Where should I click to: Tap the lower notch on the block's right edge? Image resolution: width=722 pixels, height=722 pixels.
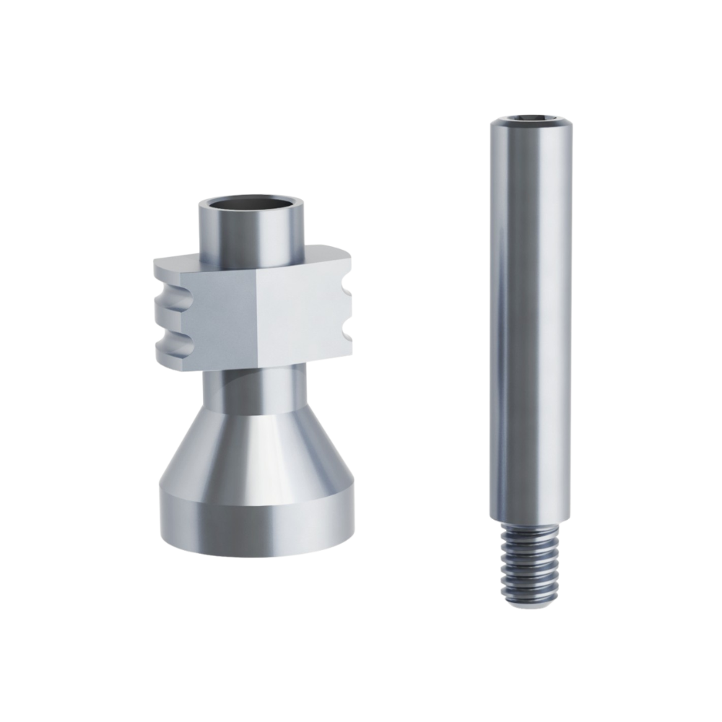point(347,334)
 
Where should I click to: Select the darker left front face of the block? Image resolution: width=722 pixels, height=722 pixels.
point(217,318)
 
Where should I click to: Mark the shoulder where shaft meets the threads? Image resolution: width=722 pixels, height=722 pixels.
point(529,521)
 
